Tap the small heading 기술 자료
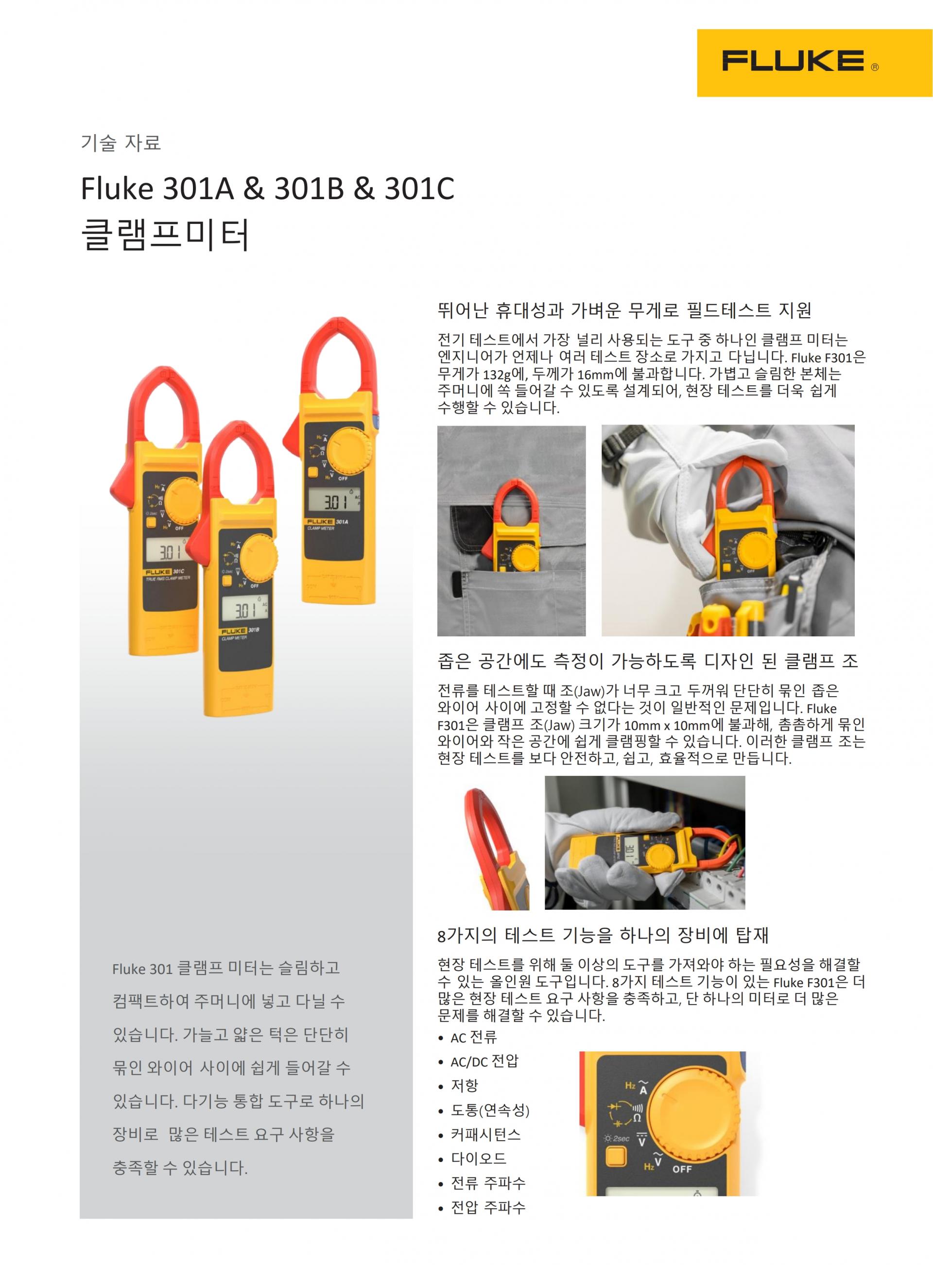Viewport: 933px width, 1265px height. point(121,142)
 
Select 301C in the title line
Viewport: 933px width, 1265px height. point(419,188)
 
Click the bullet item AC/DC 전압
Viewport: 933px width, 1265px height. point(484,1061)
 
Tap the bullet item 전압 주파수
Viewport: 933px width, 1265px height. point(488,1207)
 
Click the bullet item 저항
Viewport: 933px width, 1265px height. point(464,1085)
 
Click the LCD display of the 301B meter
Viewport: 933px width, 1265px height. point(246,610)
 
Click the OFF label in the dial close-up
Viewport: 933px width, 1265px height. point(682,1169)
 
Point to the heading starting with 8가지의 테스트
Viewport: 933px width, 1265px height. point(603,935)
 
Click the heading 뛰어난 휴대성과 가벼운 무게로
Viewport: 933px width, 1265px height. point(624,310)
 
